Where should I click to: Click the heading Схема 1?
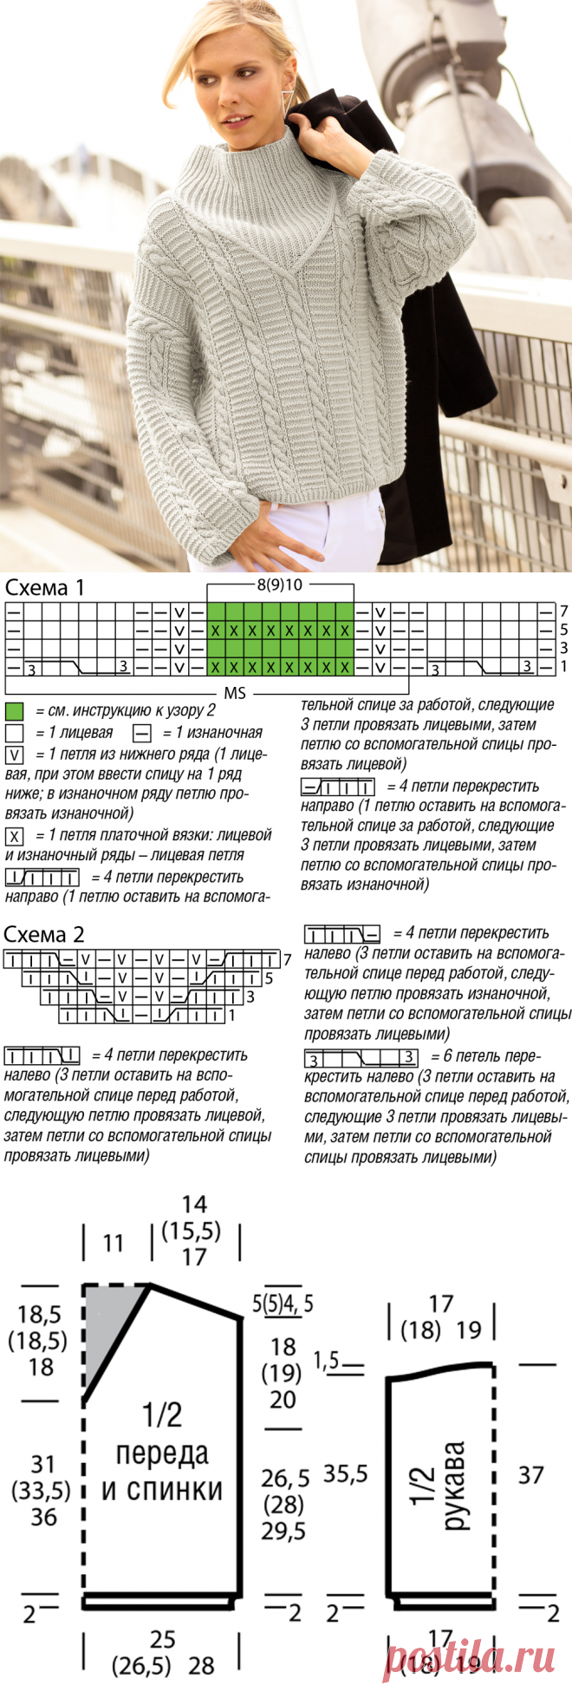coord(45,587)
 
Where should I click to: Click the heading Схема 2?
coord(44,934)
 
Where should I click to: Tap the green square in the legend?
coord(14,711)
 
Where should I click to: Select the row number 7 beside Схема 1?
coord(563,611)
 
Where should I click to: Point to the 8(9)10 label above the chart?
coord(279,585)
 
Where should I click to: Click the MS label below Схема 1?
coord(235,693)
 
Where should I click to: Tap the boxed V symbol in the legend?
coord(14,755)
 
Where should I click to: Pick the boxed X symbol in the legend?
coord(14,836)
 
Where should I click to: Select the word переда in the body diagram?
coord(162,1454)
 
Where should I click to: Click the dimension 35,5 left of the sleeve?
coord(345,1473)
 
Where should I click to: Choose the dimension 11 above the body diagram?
coord(114,1244)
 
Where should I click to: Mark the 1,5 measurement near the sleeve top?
coord(327,1361)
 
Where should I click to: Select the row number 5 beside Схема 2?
coord(270,978)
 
